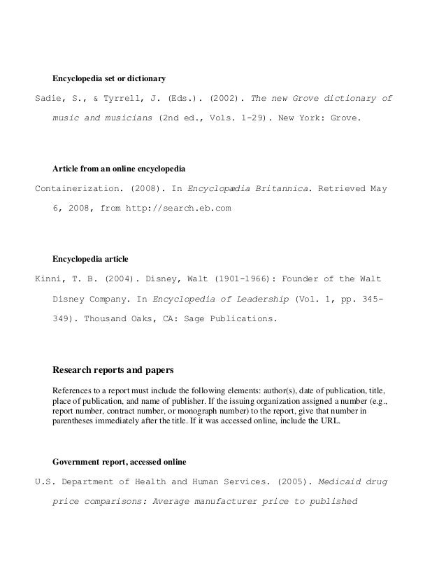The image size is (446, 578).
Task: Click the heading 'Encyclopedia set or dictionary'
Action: coord(108,76)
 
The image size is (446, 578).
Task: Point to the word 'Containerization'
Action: coord(80,189)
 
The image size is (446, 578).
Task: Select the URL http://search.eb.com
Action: coord(177,208)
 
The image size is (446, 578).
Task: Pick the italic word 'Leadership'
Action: coord(259,299)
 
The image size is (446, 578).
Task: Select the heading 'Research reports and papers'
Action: coord(113,369)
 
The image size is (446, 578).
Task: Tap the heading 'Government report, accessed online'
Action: coord(119,462)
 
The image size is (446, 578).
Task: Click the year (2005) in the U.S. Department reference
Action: coord(292,482)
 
